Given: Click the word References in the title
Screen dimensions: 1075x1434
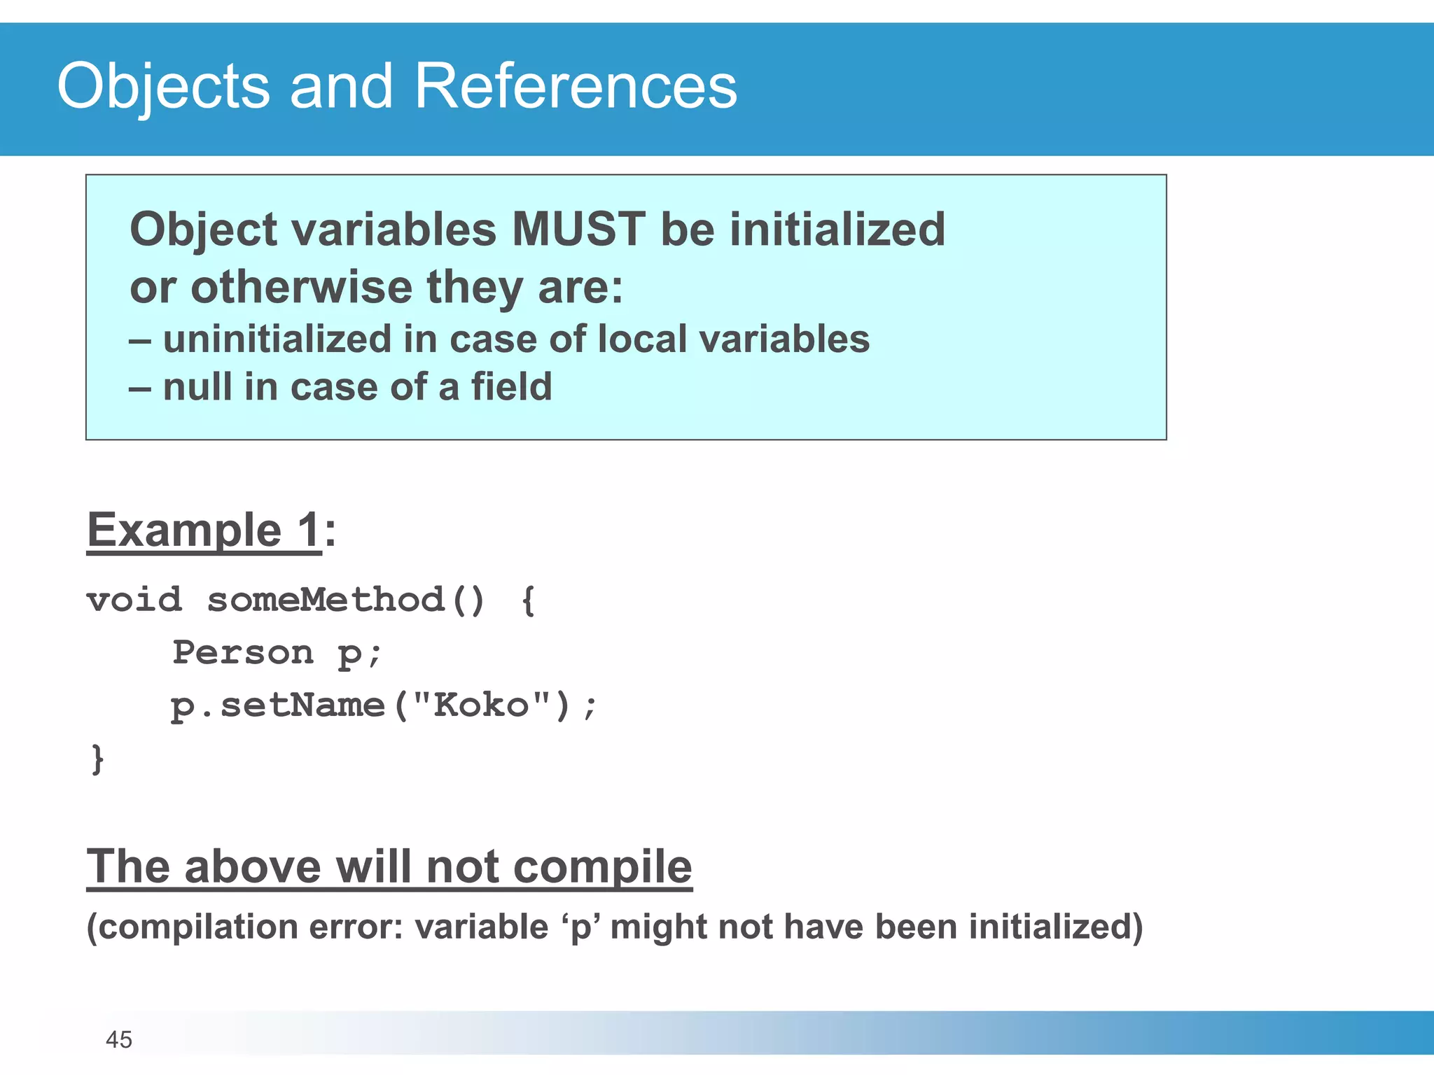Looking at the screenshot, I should coord(576,86).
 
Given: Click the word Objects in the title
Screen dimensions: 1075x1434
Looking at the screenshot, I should coord(163,86).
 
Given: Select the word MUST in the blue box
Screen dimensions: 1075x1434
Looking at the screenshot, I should coord(578,230).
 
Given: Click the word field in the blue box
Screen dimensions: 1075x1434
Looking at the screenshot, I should coord(511,387).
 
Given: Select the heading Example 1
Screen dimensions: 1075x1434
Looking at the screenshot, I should coord(204,530).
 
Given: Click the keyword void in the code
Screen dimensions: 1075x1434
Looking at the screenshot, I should coord(134,600).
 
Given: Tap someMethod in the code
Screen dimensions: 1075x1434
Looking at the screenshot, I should coord(326,600).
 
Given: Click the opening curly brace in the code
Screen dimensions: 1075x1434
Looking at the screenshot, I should coord(529,600).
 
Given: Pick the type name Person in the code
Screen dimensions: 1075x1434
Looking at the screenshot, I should coord(242,653).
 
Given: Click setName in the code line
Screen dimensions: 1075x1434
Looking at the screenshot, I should coord(302,705).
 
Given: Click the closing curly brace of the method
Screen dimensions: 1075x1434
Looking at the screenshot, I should coord(98,759).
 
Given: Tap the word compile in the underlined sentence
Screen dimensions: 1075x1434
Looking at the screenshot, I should coord(602,867).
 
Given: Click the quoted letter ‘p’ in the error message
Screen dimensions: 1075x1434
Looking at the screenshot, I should coord(581,927).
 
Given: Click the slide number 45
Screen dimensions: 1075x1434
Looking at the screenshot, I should coord(118,1040).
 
